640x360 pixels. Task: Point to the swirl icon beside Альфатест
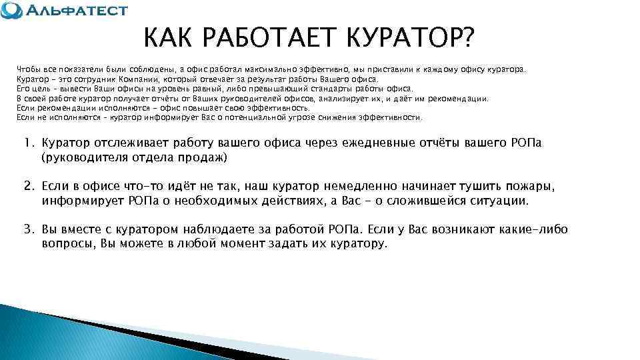tap(11, 11)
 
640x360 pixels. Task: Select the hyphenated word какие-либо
tap(531, 229)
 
